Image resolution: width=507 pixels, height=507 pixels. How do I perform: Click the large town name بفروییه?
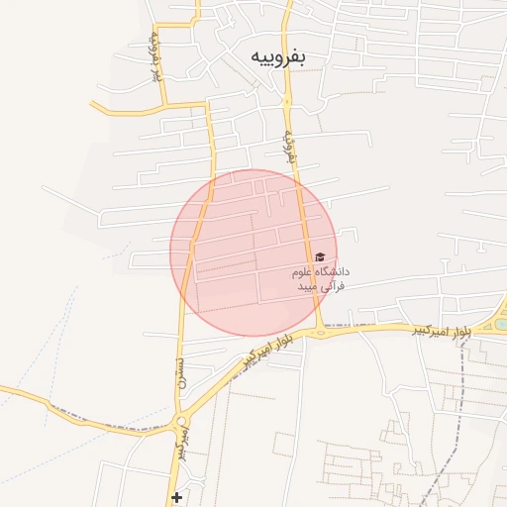point(277,56)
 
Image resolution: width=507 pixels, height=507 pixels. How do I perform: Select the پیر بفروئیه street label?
point(155,54)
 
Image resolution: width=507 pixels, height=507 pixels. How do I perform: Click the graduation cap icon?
point(319,257)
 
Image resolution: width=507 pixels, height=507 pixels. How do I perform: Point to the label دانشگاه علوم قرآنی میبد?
point(319,278)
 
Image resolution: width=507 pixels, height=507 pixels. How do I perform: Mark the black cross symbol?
point(176,496)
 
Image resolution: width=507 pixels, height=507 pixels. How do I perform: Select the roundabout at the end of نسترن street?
point(181,424)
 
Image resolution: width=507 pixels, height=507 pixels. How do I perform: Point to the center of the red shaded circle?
point(253,253)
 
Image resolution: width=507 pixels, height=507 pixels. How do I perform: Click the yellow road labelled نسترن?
point(183,327)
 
